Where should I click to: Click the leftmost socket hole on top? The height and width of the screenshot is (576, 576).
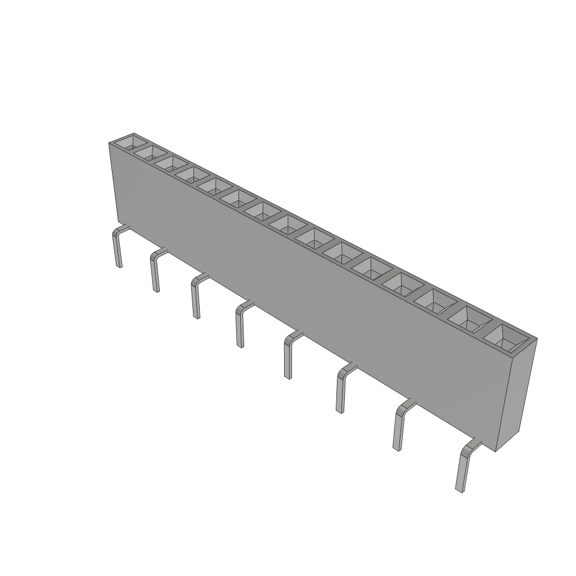pyautogui.click(x=130, y=142)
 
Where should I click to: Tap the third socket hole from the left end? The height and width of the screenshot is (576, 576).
pyautogui.click(x=171, y=163)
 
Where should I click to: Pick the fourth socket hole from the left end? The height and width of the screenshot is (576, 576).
pyautogui.click(x=191, y=173)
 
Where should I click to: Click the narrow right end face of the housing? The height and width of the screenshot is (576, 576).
pyautogui.click(x=516, y=394)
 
